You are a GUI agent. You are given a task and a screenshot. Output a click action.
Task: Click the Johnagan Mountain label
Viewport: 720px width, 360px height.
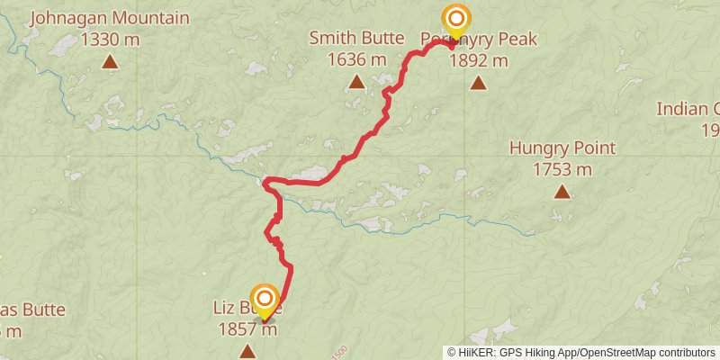pyautogui.click(x=110, y=18)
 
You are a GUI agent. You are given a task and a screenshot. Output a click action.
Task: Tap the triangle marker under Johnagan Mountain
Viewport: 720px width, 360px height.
pyautogui.click(x=110, y=62)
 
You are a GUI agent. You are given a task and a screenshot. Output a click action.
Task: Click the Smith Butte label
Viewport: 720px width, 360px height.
pyautogui.click(x=355, y=38)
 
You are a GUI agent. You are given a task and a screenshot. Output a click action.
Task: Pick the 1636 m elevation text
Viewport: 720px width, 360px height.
pyautogui.click(x=355, y=59)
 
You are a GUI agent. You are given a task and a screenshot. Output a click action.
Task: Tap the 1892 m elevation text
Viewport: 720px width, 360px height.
pyautogui.click(x=478, y=60)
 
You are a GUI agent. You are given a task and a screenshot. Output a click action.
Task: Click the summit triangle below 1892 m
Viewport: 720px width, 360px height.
pyautogui.click(x=478, y=84)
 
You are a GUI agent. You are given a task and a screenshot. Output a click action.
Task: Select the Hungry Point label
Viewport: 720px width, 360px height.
pyautogui.click(x=562, y=148)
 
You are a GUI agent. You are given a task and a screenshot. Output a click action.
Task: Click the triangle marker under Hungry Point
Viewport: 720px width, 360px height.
pyautogui.click(x=562, y=192)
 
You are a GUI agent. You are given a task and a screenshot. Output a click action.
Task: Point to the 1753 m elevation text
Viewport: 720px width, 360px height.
pyautogui.click(x=562, y=169)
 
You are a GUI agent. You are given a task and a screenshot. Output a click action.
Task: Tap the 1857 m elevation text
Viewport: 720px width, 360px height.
pyautogui.click(x=247, y=329)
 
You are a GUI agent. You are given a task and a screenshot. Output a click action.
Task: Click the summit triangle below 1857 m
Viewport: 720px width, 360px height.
pyautogui.click(x=247, y=351)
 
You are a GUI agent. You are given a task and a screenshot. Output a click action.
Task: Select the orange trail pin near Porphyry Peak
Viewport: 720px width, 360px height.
pyautogui.click(x=457, y=20)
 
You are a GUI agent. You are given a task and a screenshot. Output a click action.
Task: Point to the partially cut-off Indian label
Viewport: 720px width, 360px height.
pyautogui.click(x=688, y=109)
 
